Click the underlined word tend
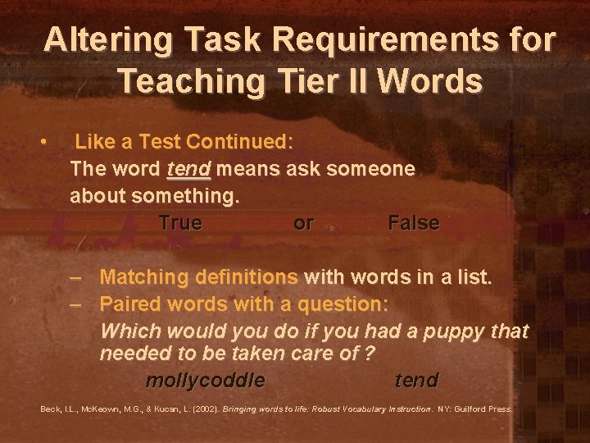pos(188,169)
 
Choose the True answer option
pos(180,222)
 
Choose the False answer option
pos(413,222)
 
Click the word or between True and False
pos(303,222)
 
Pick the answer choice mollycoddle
pos(205,381)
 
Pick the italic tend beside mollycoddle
pos(416,381)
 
